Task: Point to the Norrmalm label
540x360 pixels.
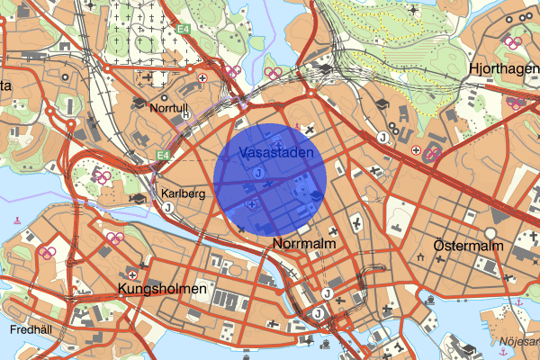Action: coord(303,243)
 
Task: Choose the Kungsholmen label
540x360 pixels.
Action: coord(162,290)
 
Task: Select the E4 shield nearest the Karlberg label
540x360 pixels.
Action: coord(162,156)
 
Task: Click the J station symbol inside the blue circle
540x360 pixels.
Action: coord(257,172)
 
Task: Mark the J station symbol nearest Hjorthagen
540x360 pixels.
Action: coord(383,137)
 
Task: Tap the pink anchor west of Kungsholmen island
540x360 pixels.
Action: coord(18,220)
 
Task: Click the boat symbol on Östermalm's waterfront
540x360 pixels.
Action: coord(433,300)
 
